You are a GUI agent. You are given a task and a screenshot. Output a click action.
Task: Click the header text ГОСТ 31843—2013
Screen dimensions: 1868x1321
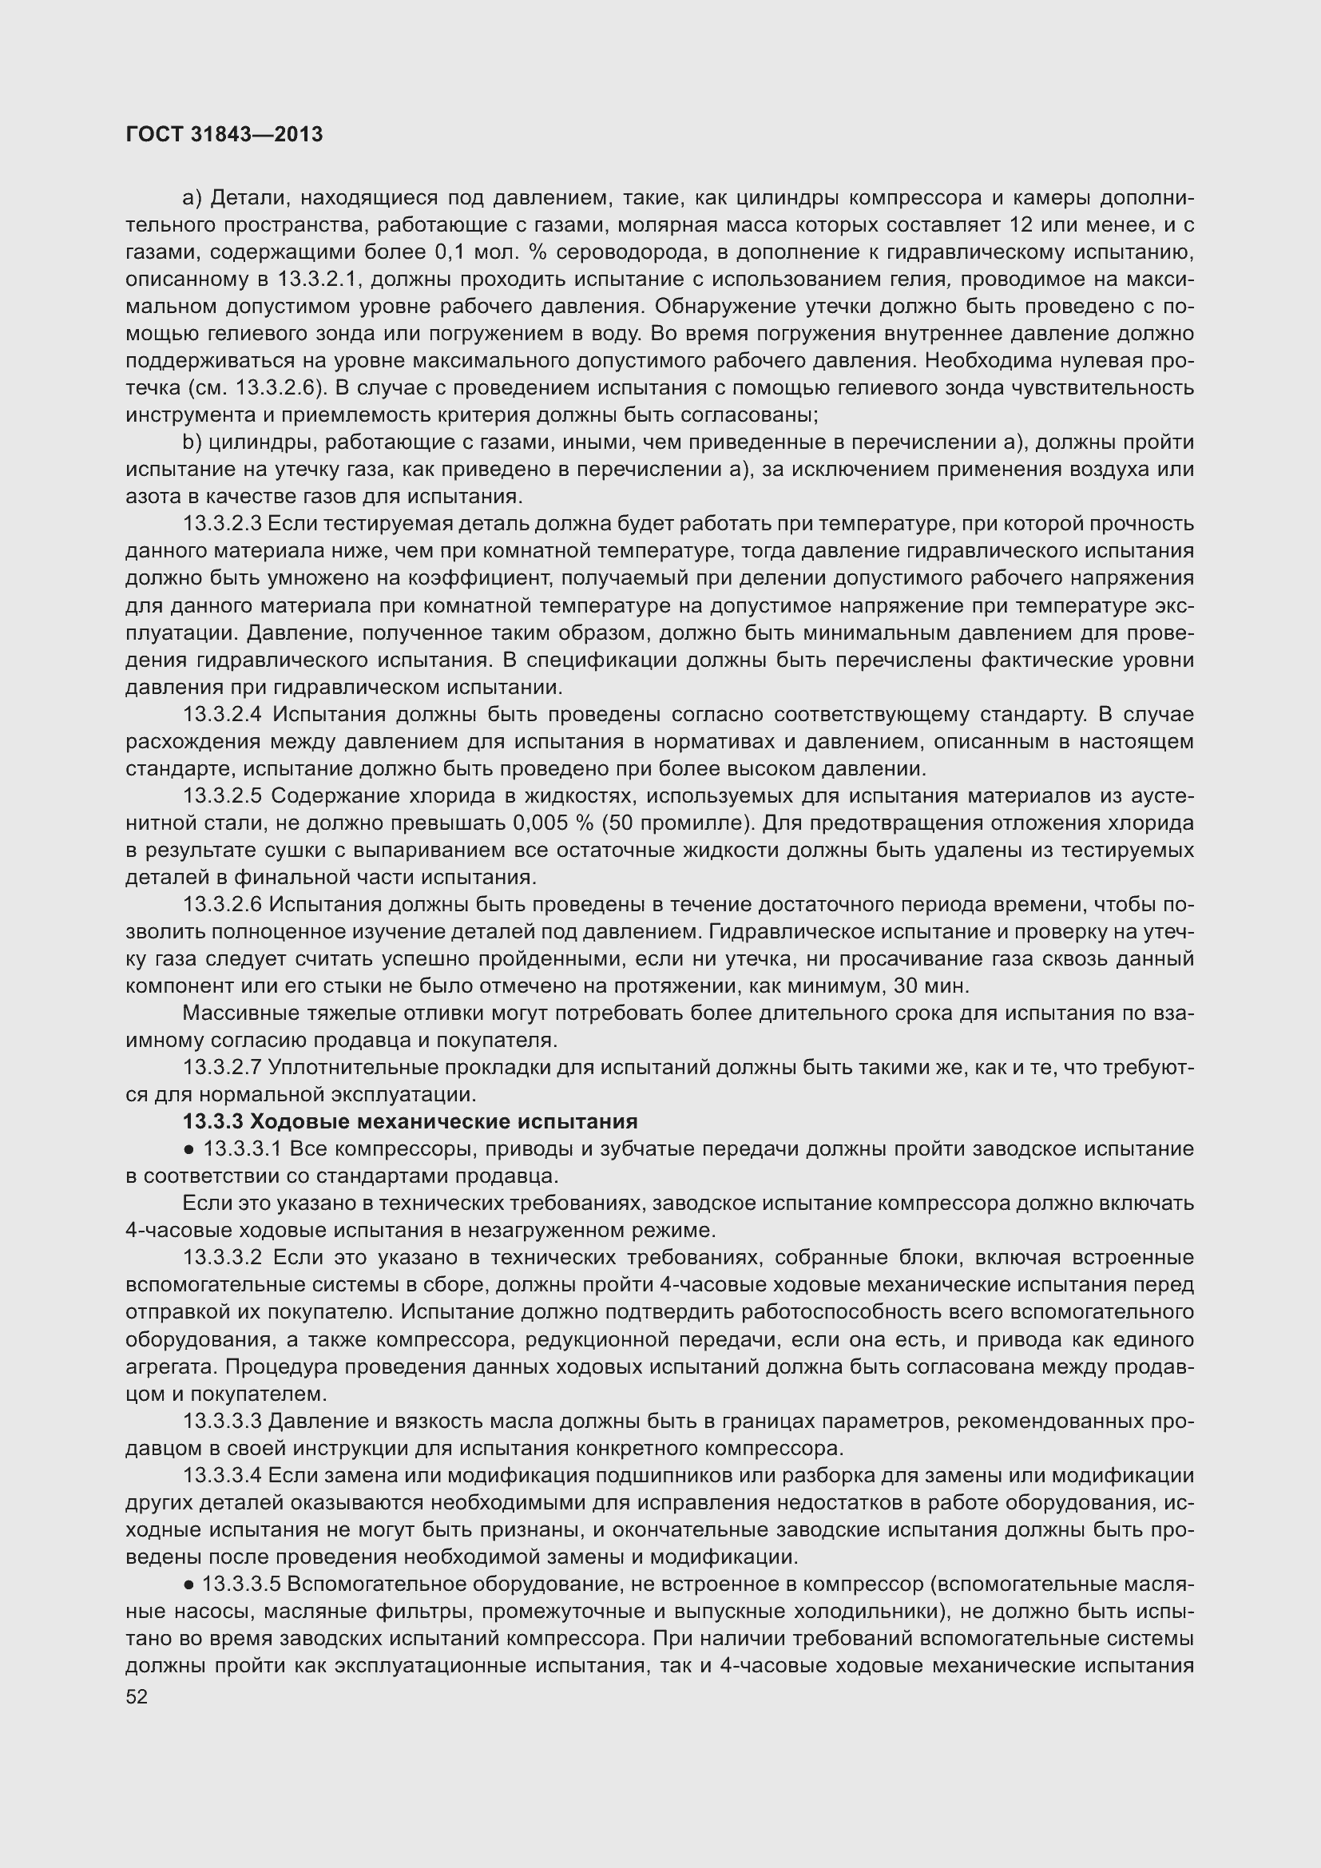pos(224,134)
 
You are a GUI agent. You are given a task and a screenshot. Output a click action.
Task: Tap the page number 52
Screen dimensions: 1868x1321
pos(137,1696)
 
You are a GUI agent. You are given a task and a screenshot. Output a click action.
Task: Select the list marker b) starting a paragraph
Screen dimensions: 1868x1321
pos(191,442)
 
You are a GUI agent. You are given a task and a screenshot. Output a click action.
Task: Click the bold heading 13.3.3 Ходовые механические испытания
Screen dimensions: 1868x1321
pos(410,1122)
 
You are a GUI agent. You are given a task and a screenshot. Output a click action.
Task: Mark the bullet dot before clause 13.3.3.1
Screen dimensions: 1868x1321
pos(188,1149)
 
